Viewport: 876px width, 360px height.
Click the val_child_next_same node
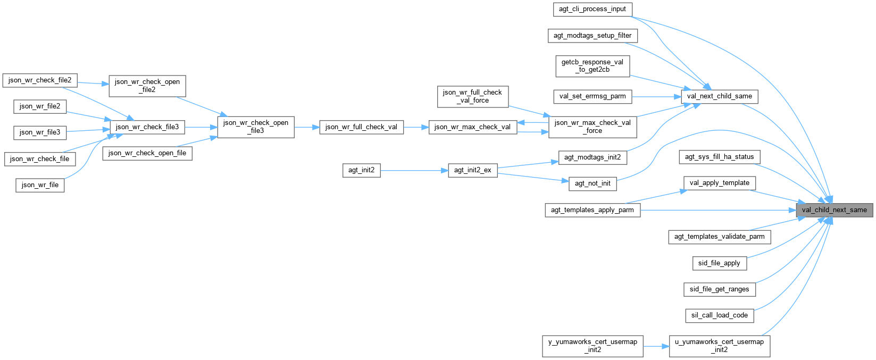click(834, 210)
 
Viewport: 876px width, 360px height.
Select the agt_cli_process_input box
click(592, 10)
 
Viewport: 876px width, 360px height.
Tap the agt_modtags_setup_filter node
click(592, 36)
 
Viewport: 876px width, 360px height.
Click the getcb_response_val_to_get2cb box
click(592, 66)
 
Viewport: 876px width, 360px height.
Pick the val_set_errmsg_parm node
click(592, 97)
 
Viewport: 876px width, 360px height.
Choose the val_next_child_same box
click(719, 96)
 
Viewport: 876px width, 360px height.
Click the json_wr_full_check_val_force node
click(472, 96)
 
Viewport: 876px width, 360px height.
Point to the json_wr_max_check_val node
click(472, 127)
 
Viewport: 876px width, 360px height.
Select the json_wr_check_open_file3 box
click(256, 127)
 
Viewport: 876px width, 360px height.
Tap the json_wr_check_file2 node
click(40, 80)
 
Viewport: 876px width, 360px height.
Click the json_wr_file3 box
click(40, 132)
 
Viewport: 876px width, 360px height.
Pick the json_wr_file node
click(40, 185)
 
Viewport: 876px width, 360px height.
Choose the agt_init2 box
click(361, 171)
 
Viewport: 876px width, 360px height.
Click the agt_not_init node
click(593, 183)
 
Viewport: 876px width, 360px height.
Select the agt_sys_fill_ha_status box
click(719, 157)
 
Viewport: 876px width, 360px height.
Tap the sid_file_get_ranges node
click(719, 289)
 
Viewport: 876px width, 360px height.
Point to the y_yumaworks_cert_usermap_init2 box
click(592, 346)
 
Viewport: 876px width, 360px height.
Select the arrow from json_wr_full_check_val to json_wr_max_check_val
click(416, 127)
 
